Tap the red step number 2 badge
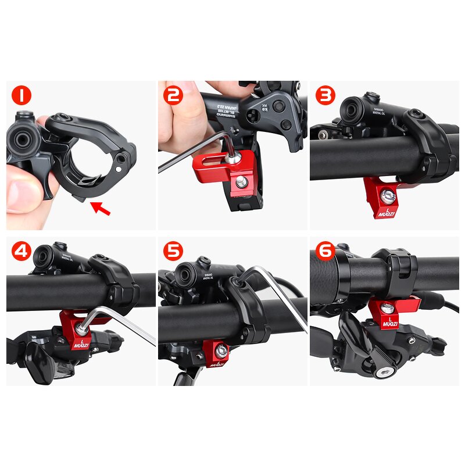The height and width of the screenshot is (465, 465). (173, 95)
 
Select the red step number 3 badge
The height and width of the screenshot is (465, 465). (325, 95)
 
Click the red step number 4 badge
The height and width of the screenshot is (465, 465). (22, 251)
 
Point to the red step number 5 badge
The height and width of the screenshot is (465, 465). (173, 251)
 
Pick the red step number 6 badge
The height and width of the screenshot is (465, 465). (325, 251)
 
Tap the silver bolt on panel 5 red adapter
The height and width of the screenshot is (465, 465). (221, 350)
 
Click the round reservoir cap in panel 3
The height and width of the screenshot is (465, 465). (352, 109)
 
